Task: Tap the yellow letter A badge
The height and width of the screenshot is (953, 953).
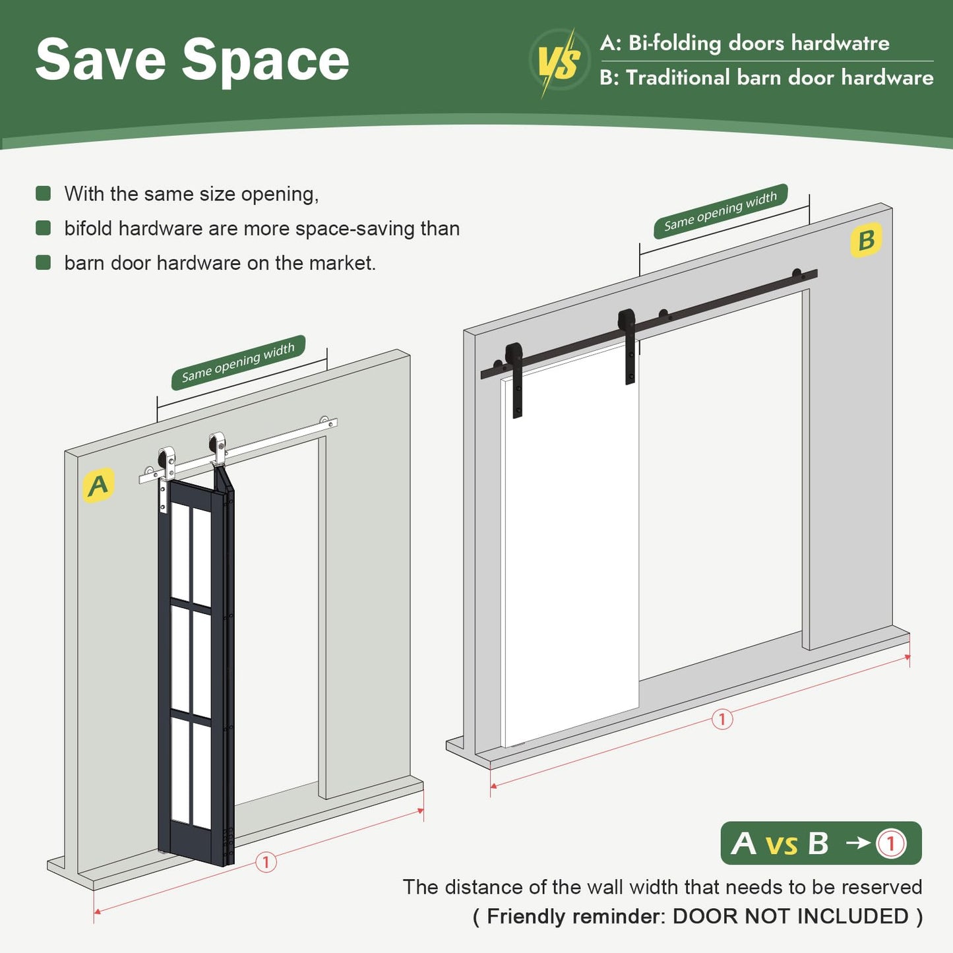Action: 98,485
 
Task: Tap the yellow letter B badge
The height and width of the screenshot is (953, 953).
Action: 866,240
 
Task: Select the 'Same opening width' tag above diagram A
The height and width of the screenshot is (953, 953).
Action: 238,361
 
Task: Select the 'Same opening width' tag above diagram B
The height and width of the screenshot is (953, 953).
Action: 720,211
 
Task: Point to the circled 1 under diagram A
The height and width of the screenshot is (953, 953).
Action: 266,862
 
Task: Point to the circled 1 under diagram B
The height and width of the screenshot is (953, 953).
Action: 722,719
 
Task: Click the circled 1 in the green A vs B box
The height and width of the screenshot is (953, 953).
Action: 891,844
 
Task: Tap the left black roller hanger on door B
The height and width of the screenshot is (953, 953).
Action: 515,379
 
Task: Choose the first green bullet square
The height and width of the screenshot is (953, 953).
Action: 44,193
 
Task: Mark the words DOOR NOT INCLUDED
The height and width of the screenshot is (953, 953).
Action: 790,916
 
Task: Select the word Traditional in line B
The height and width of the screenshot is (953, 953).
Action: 677,78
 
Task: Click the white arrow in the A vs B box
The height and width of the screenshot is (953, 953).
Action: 857,843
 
